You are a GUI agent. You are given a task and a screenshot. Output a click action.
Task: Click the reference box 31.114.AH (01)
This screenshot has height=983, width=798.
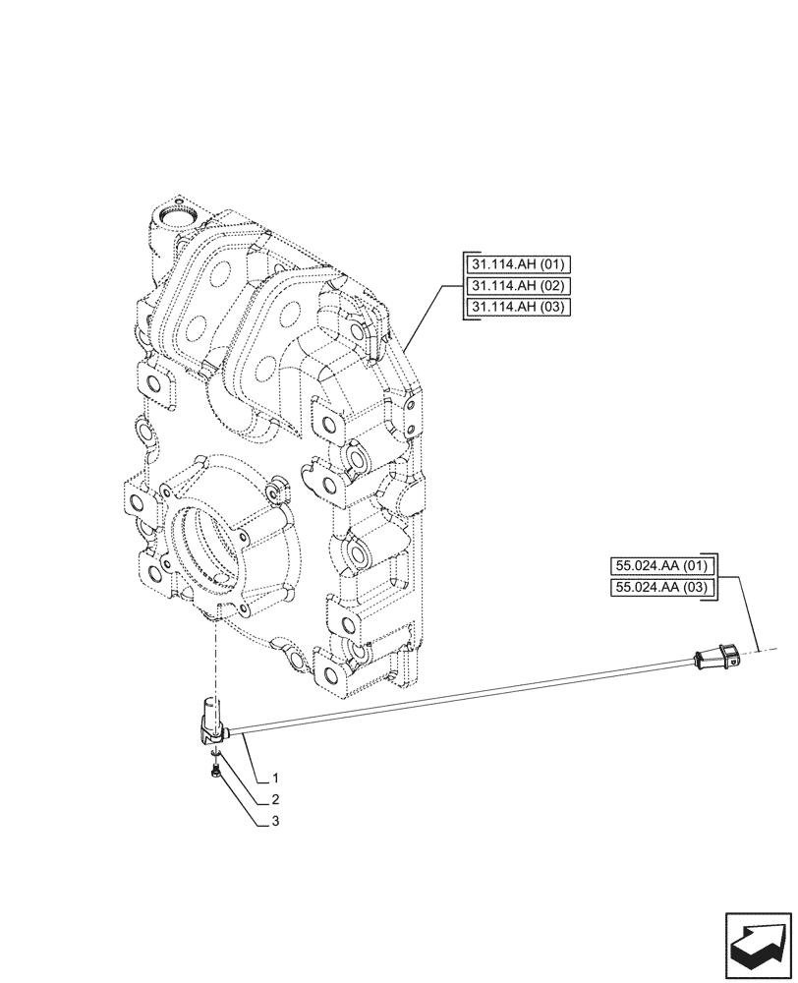tap(514, 264)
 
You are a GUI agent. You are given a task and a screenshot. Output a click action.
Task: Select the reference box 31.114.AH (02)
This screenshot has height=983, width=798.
tap(514, 286)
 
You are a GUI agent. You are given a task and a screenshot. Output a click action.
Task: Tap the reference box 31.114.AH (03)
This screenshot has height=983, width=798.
tap(514, 308)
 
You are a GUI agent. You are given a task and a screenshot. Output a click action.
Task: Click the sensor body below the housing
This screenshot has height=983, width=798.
tap(212, 719)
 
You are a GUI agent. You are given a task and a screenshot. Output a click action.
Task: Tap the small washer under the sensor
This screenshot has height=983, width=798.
tap(215, 757)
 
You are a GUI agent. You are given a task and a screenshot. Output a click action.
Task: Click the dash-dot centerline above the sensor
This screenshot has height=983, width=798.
tap(211, 659)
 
